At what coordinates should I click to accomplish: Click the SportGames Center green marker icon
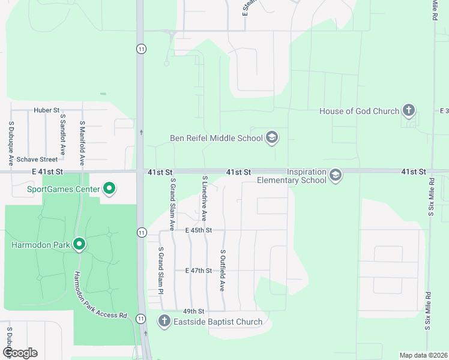(x=109, y=190)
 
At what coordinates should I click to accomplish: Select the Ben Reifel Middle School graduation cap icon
(x=272, y=139)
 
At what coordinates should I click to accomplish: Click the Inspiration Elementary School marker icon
(x=336, y=175)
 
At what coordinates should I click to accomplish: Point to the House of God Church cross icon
(x=409, y=111)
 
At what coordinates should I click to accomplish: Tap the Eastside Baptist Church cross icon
(x=164, y=322)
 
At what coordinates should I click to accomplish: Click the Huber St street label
(x=46, y=110)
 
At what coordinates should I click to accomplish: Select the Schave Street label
(x=37, y=159)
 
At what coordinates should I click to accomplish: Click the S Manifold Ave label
(x=82, y=143)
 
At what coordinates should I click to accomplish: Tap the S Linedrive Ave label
(x=205, y=199)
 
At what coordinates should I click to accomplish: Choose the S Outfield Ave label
(x=223, y=271)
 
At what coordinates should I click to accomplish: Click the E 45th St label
(x=199, y=230)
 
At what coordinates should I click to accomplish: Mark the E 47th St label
(x=199, y=271)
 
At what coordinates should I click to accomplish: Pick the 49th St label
(x=194, y=311)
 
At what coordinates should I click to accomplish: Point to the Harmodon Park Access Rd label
(x=100, y=296)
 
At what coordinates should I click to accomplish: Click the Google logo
(x=20, y=352)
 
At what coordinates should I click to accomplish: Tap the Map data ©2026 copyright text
(x=423, y=355)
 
